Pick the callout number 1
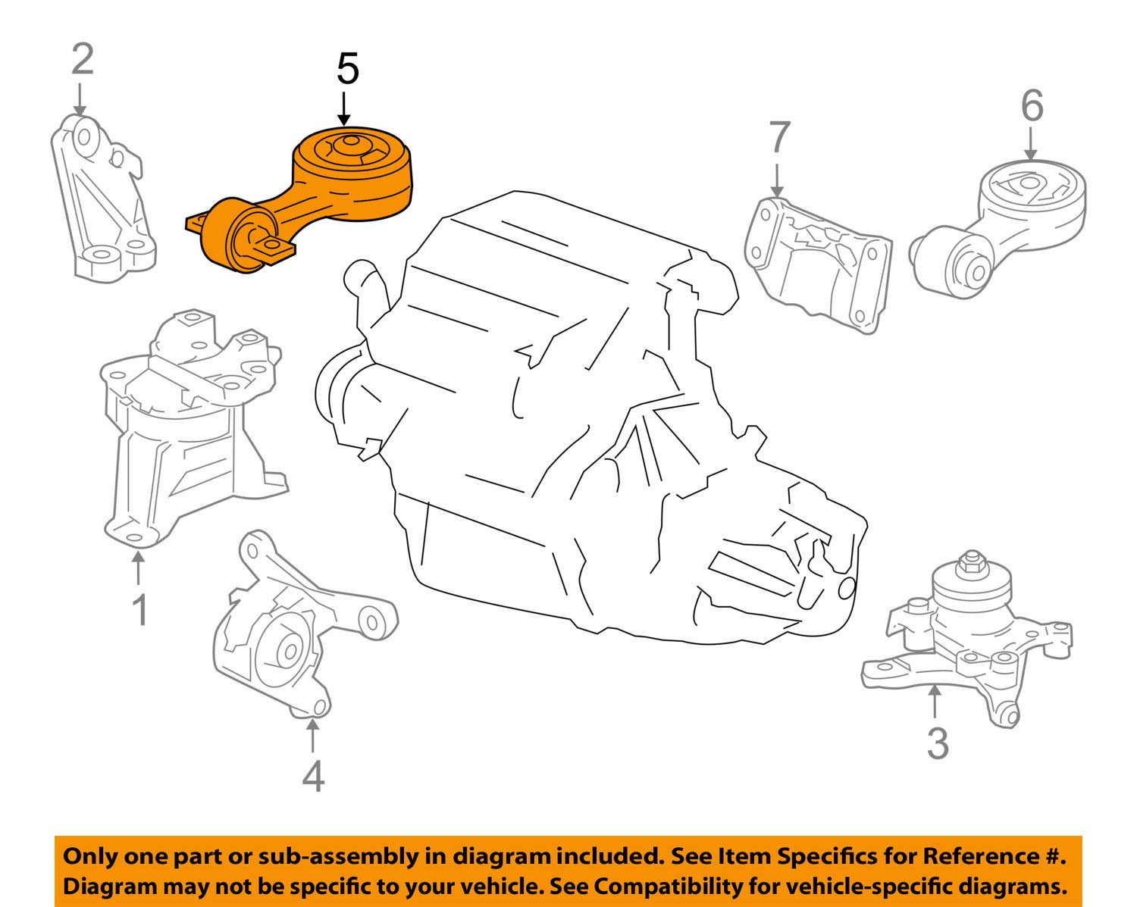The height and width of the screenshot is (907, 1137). coord(139,611)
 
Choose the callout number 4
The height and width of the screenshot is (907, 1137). coord(313,776)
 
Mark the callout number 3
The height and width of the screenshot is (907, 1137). coord(938,744)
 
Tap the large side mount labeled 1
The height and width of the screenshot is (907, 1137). coord(182,424)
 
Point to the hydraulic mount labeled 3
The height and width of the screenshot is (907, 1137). coord(970,636)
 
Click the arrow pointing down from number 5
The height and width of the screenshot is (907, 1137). coord(344,108)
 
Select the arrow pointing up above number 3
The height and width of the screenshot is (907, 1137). coord(937,701)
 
